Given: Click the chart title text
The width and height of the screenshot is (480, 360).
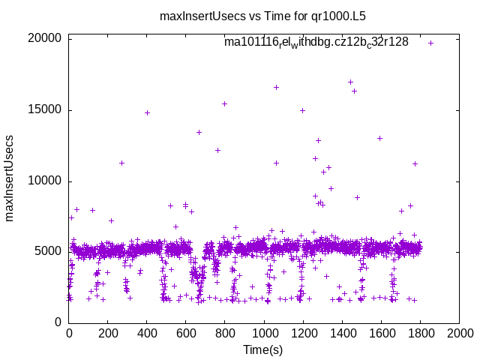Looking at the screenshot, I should pos(263,15).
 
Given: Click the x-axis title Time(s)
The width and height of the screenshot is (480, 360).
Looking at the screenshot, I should pos(263,349).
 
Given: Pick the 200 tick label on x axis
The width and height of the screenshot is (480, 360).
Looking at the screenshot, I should pos(108,333).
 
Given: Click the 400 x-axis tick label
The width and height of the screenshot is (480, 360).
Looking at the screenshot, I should pos(147,333).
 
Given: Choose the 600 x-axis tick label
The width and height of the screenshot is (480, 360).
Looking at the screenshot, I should pos(186,333).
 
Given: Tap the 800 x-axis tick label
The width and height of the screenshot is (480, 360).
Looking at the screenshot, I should pos(225,333).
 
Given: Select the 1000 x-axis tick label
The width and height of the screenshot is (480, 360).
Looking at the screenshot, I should pos(264,333).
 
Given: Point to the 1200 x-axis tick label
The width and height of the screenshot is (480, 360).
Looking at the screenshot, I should pos(303,333).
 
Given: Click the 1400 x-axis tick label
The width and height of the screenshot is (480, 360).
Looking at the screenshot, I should pos(342,333).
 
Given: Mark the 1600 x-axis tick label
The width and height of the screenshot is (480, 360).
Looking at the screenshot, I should pos(381,333).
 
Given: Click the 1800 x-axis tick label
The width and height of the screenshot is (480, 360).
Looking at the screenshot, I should pos(420,333).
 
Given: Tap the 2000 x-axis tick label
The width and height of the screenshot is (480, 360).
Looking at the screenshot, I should pos(459,333).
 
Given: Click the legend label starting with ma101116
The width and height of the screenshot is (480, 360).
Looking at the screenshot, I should pos(316,43).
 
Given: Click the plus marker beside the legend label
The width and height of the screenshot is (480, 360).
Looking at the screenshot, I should pos(430,43).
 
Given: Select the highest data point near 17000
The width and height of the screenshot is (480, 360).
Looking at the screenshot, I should pos(350,82).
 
